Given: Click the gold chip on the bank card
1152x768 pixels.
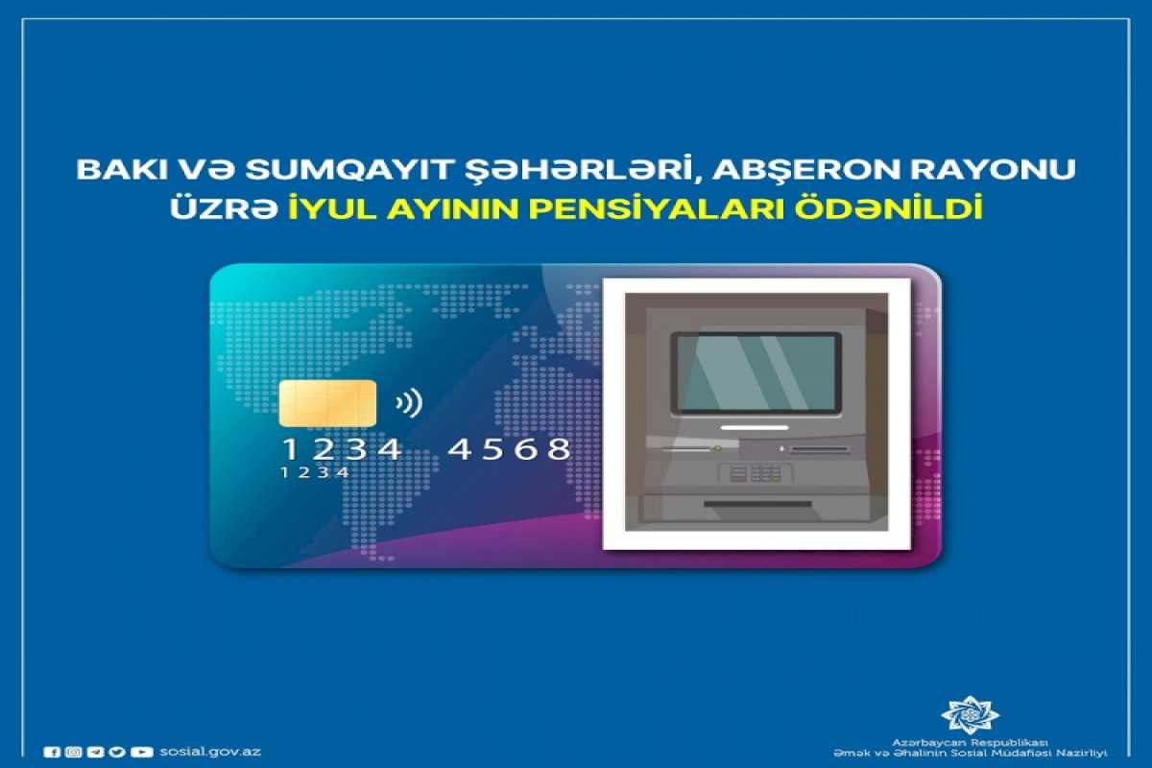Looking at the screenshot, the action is [327, 403].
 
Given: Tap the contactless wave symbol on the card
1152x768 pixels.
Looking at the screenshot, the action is [409, 403].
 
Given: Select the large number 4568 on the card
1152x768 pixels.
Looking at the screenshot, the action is [509, 449].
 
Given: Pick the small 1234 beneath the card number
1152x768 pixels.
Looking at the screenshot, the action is [315, 472].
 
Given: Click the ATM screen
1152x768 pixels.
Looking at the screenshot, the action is [756, 373].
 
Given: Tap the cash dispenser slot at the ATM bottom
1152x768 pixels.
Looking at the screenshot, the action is [757, 504].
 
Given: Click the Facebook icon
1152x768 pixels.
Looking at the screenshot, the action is [52, 752].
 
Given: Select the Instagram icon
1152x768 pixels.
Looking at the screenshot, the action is [74, 752].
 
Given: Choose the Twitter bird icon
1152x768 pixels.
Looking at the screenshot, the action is [117, 752].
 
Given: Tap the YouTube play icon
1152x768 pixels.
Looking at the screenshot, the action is [142, 752].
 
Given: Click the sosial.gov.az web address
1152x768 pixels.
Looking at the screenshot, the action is [210, 752].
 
